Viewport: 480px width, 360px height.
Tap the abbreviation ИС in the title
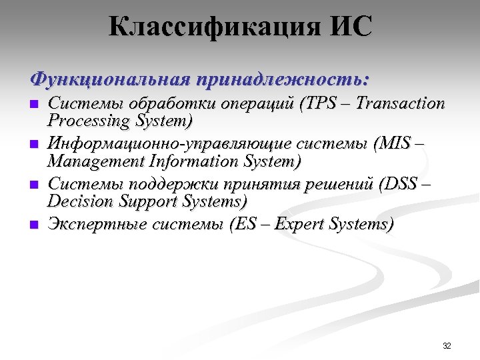pyautogui.click(x=347, y=27)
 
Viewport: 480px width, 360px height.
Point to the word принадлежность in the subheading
pyautogui.click(x=281, y=80)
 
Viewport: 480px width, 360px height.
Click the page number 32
pyautogui.click(x=447, y=345)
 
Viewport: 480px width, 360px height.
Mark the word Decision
pyautogui.click(x=77, y=201)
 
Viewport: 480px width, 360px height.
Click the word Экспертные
pyautogui.click(x=97, y=225)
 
